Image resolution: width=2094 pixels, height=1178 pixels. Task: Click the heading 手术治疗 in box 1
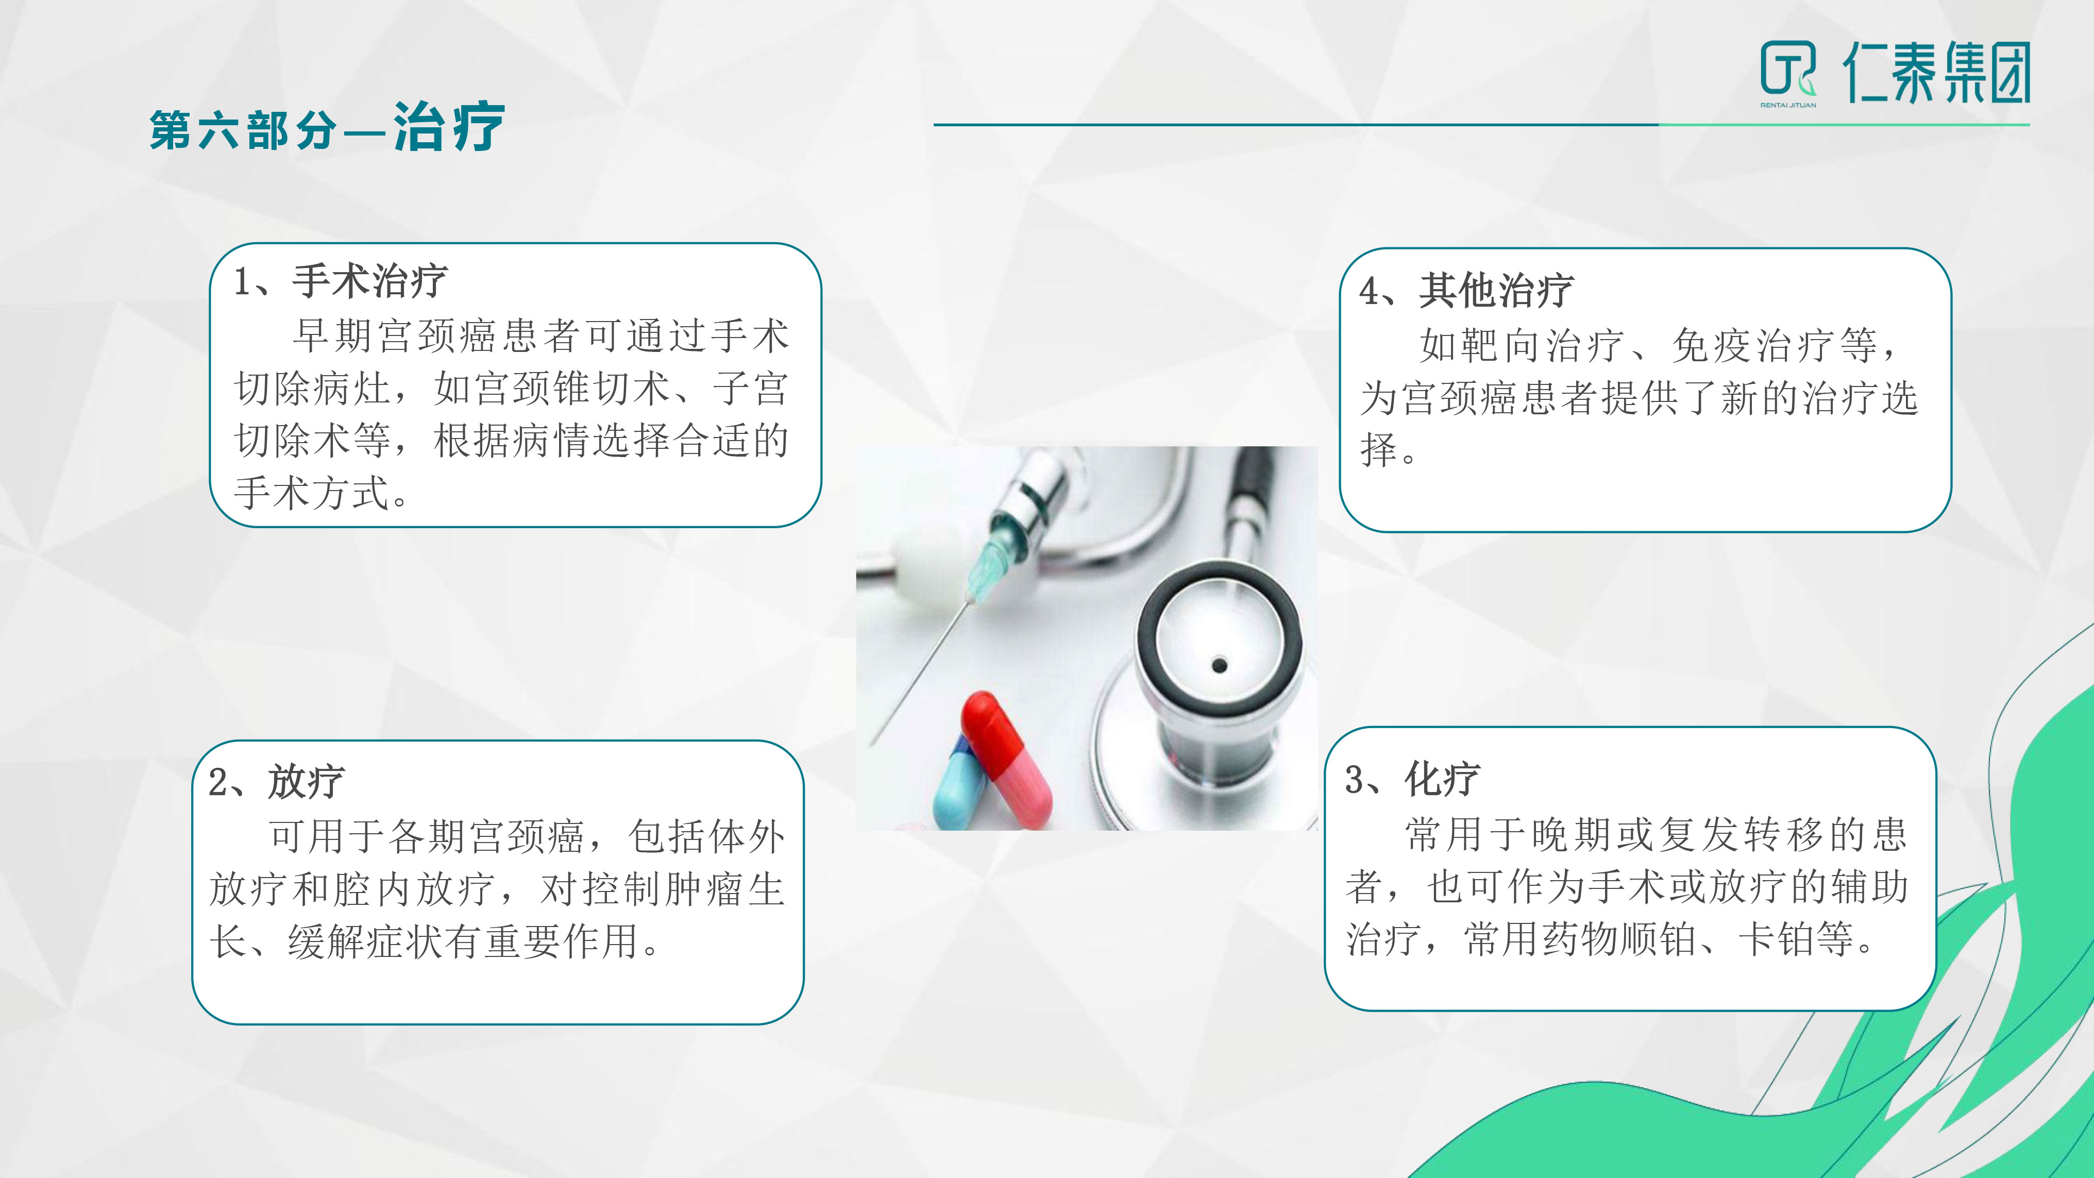(370, 281)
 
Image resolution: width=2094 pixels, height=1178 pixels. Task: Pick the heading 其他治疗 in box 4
(1496, 290)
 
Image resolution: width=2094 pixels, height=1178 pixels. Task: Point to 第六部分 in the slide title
(242, 130)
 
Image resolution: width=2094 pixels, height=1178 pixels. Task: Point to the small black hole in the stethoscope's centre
(1219, 666)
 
